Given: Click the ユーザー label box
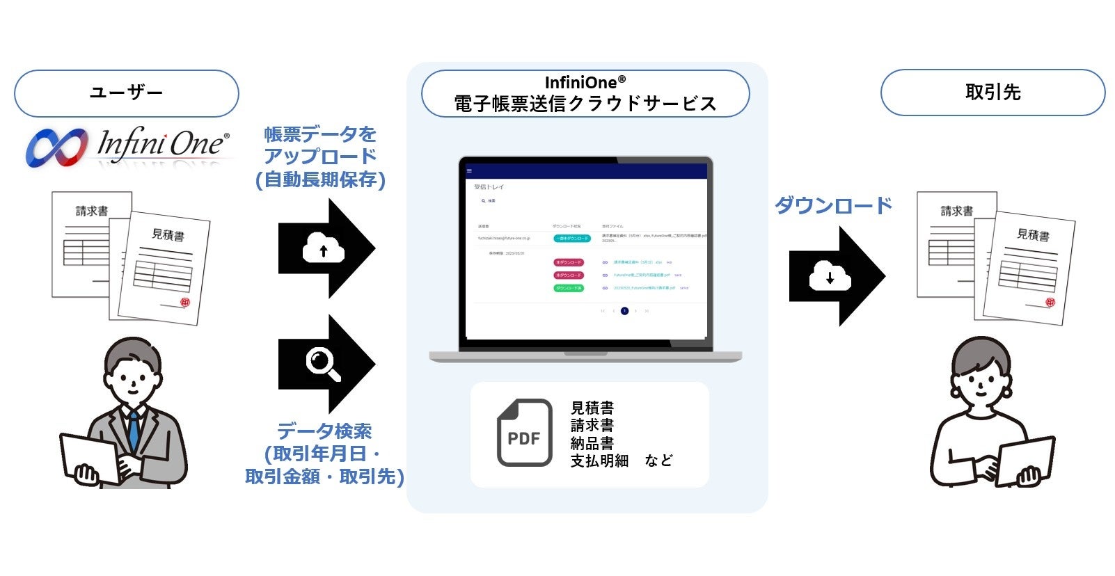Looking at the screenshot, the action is pos(126,93).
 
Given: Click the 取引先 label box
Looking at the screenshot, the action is pos(993,93).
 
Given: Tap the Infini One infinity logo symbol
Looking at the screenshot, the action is pos(56,147).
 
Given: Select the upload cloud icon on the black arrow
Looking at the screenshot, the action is pos(323,248).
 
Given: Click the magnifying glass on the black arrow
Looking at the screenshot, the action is pos(323,364).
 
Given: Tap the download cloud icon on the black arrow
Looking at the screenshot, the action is pos(830,276).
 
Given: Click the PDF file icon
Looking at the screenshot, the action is pos(524,433).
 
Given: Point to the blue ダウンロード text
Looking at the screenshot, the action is pos(833,205).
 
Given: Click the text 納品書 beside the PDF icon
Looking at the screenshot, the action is pos(592,442).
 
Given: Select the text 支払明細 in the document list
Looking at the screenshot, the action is pos(599,461).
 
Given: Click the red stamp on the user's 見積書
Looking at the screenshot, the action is pos(184,303).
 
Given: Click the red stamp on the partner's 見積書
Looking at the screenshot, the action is pos(1050,302).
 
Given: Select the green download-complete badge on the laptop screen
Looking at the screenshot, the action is pos(569,288).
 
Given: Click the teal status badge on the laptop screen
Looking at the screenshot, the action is pos(572,239).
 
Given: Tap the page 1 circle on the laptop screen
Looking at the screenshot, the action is pos(624,311).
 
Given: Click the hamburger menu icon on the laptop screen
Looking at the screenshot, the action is pos(469,171).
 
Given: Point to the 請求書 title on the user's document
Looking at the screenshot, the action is pos(92,211).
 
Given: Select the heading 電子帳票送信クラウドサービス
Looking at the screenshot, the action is pos(585,104).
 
